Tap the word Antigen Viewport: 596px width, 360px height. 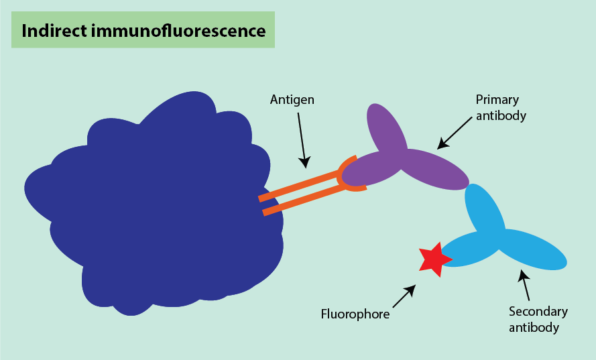[x=292, y=100]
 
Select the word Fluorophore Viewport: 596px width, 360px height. [x=355, y=313]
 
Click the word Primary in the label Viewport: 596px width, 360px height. [x=497, y=100]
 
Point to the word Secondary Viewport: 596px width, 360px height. [x=538, y=312]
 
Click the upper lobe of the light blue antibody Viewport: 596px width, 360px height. [x=484, y=208]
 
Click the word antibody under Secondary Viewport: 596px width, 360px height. [x=534, y=327]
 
